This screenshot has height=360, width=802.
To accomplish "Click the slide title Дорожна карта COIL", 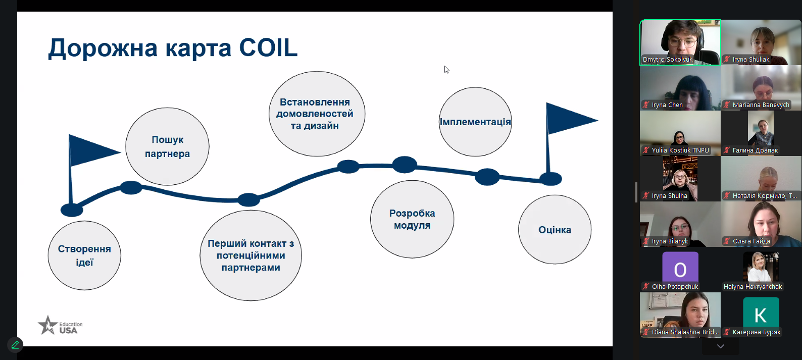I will coord(173,48).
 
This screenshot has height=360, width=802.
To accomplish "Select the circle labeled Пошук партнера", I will coord(167,146).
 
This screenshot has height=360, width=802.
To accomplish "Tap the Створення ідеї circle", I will coord(84,255).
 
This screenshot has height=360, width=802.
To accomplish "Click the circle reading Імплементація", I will coord(475,122).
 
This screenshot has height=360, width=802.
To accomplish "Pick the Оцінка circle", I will coord(555,230).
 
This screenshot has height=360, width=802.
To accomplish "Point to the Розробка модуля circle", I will coord(412,219).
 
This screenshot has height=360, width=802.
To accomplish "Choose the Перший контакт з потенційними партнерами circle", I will coord(250,255).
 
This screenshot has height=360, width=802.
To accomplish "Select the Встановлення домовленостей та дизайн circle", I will coord(317,114).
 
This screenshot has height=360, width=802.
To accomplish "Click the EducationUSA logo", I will coord(60,326).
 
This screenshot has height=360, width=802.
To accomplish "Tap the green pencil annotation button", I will coord(15,345).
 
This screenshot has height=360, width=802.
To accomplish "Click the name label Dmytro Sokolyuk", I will coord(668,60).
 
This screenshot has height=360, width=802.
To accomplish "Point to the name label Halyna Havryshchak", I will coord(753,287).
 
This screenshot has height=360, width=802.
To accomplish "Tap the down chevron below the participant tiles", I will coord(721,346).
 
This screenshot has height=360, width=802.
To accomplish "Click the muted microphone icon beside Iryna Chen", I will coord(646,105).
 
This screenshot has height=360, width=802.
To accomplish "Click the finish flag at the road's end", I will coord(568,120).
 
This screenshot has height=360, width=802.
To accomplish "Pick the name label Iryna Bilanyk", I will coord(670,241).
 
